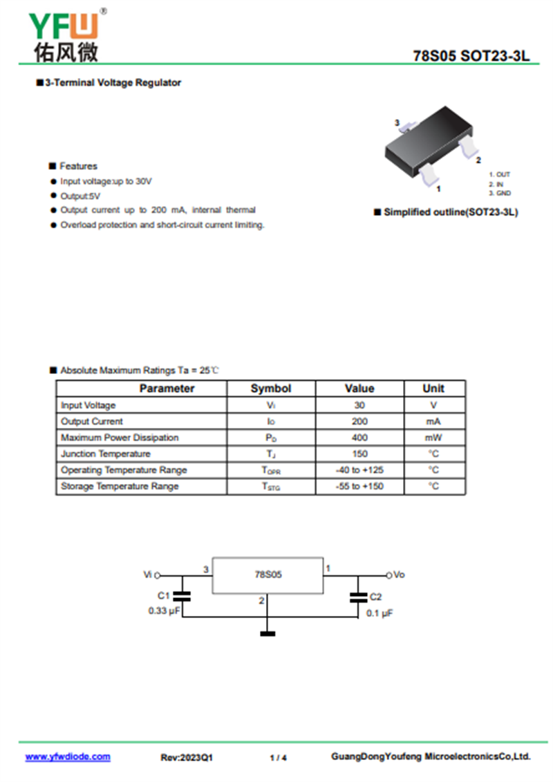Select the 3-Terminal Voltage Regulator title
[113, 83]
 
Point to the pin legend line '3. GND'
[500, 194]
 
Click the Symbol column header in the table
[270, 389]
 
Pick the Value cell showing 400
[359, 438]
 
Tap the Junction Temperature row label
[105, 454]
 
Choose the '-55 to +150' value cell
[359, 487]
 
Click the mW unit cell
[433, 438]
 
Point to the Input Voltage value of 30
[359, 405]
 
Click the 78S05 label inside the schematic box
[268, 575]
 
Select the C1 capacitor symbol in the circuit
[182, 596]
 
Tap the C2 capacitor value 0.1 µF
[379, 613]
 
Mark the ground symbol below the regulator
[268, 633]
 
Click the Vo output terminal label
[399, 575]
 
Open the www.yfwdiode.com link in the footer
[68, 757]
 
